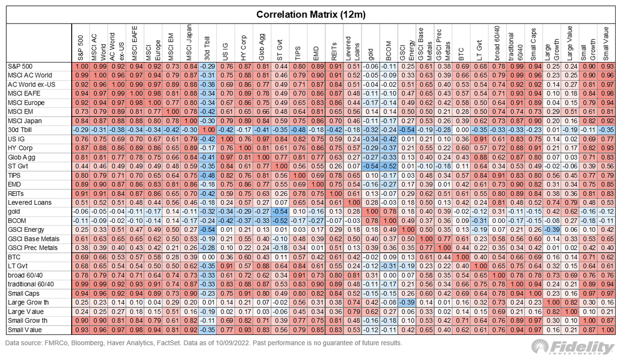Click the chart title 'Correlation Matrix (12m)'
point(311,14)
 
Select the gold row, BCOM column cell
point(388,212)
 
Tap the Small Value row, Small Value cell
point(606,330)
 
